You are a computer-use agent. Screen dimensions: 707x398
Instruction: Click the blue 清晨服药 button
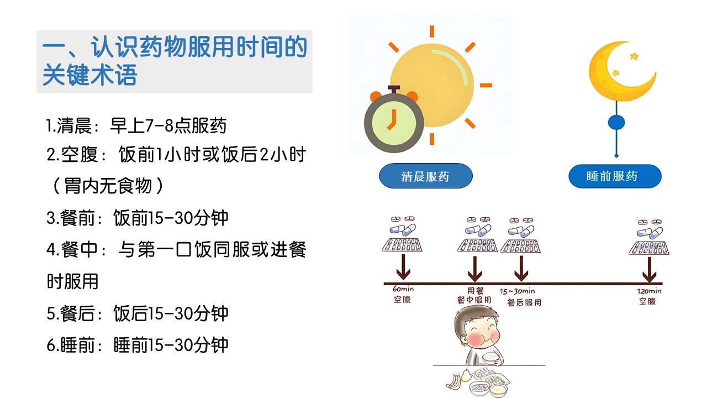pyautogui.click(x=425, y=176)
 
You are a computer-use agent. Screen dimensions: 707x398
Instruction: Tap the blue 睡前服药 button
pyautogui.click(x=615, y=176)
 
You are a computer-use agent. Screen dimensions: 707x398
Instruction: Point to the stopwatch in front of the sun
pyautogui.click(x=394, y=120)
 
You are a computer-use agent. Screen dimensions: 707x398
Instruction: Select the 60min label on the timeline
pyautogui.click(x=403, y=289)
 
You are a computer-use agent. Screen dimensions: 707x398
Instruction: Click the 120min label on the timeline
pyautogui.click(x=649, y=291)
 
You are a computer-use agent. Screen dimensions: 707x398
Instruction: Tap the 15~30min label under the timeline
pyautogui.click(x=517, y=291)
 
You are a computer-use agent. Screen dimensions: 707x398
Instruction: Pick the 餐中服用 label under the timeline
pyautogui.click(x=474, y=300)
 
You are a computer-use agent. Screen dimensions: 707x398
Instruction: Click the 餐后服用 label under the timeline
pyautogui.click(x=524, y=302)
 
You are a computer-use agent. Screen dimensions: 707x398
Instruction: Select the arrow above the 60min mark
pyautogui.click(x=403, y=267)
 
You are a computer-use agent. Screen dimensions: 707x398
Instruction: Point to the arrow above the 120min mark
pyautogui.click(x=649, y=269)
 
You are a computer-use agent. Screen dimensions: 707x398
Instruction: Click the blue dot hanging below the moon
pyautogui.click(x=616, y=123)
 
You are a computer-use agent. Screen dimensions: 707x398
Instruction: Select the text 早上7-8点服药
pyautogui.click(x=168, y=125)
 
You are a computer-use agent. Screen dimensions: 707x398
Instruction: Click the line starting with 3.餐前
pyautogui.click(x=138, y=218)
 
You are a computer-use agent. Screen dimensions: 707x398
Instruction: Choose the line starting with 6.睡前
pyautogui.click(x=138, y=344)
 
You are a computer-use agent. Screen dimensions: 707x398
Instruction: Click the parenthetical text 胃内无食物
pyautogui.click(x=108, y=186)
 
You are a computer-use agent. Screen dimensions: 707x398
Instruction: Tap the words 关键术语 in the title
pyautogui.click(x=89, y=75)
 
